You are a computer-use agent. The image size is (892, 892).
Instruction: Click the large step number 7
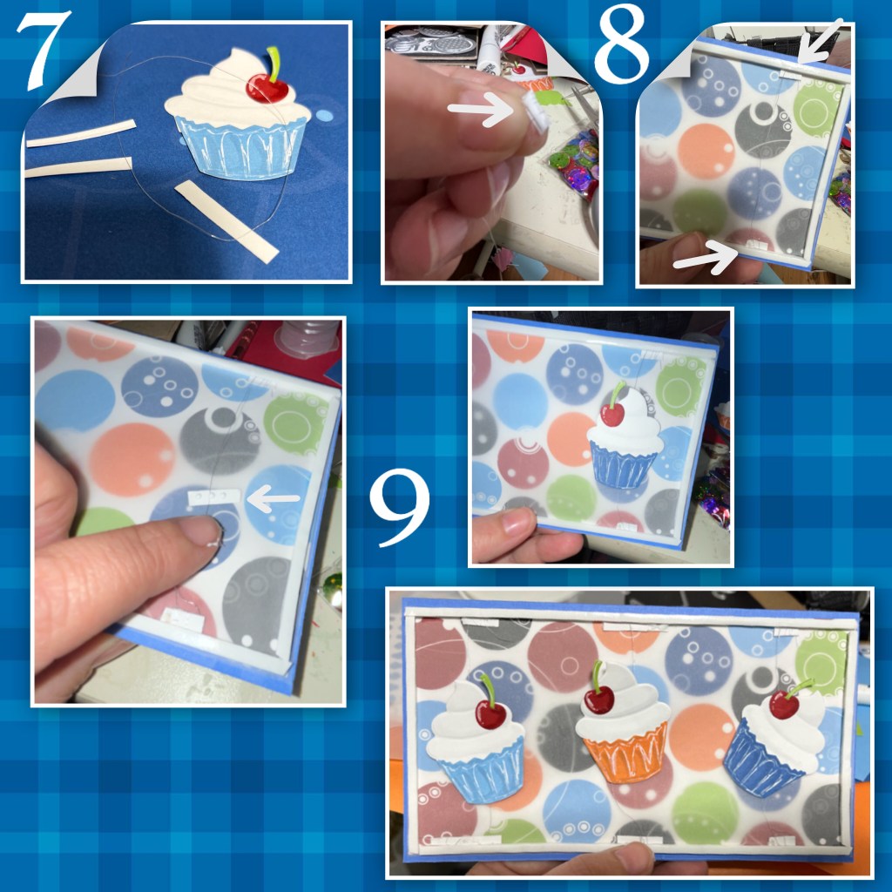pos(44,50)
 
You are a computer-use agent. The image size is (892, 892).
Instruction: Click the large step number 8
pos(621,44)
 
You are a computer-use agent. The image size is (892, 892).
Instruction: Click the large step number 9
pos(400,508)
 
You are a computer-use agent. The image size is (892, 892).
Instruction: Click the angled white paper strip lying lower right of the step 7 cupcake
pos(226,221)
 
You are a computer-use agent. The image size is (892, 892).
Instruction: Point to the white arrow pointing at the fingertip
pos(481,109)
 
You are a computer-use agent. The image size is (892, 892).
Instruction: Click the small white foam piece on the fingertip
pos(536,111)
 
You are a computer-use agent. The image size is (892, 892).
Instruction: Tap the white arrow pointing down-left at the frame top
pos(820,42)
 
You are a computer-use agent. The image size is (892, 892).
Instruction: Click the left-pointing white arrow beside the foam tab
pos(273,499)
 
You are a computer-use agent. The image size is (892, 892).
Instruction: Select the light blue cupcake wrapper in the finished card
pos(483,767)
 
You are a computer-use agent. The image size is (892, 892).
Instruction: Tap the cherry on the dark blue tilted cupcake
pos(785,704)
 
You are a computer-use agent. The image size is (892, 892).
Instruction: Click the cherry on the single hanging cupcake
pos(612,414)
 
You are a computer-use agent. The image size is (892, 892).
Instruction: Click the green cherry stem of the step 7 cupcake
pos(274,63)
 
